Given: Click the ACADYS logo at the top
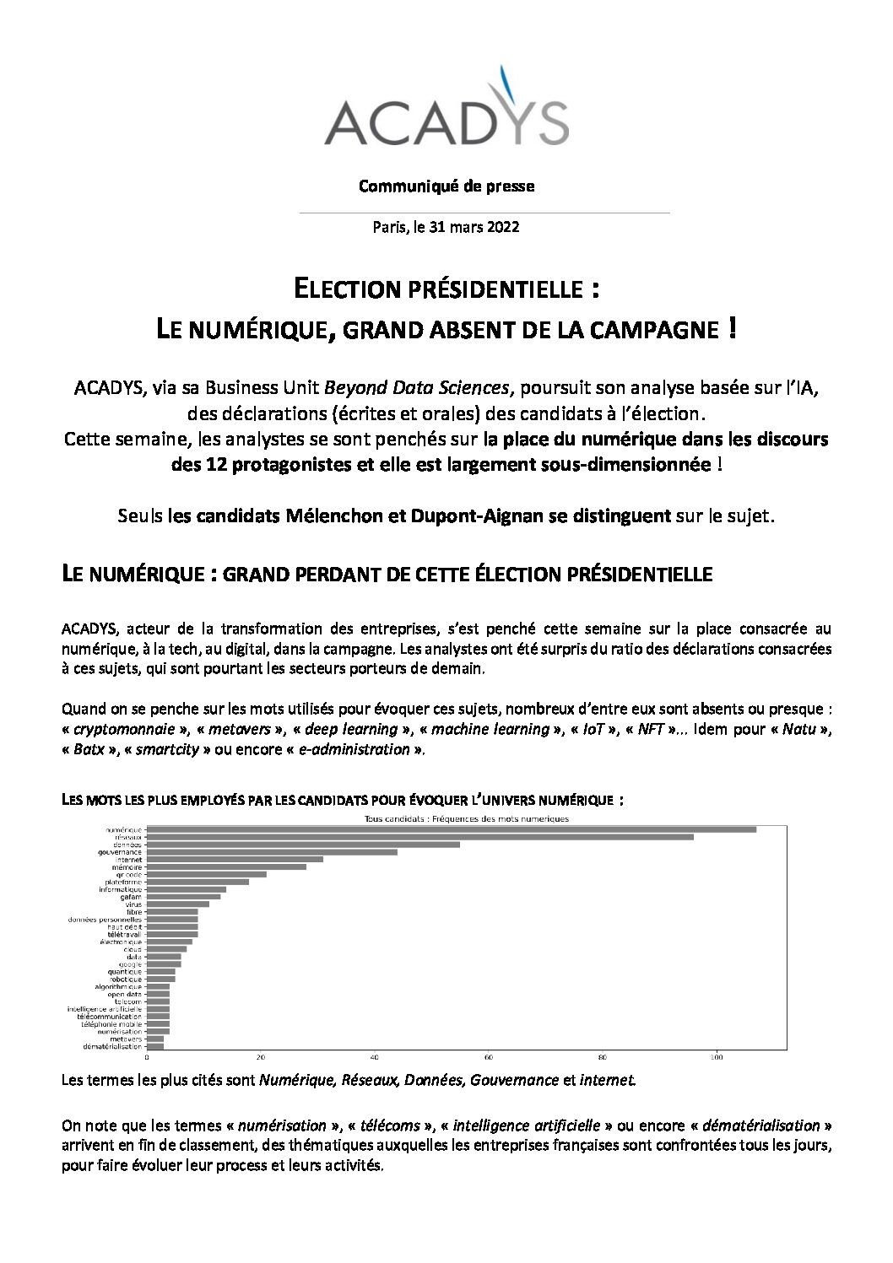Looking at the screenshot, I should [x=446, y=107].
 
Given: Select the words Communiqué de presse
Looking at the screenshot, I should [x=446, y=186].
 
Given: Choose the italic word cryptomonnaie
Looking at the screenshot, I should [x=114, y=729].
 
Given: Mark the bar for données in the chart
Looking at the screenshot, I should [x=304, y=845].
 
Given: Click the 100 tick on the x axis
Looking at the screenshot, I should [x=717, y=1057].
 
